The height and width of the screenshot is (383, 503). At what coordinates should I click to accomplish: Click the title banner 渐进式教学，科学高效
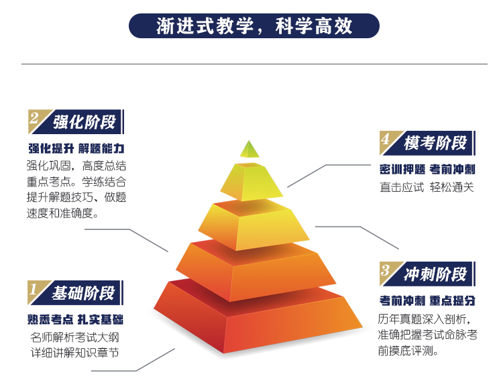click(x=254, y=25)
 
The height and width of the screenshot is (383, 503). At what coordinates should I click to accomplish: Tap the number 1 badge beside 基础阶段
click(x=36, y=290)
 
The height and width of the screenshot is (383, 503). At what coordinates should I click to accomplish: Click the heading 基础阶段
click(x=83, y=293)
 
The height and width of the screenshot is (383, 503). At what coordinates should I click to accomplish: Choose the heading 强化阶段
click(x=84, y=122)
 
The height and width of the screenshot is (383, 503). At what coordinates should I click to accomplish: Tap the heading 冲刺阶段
click(x=435, y=274)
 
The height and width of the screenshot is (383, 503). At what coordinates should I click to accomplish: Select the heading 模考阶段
click(x=435, y=143)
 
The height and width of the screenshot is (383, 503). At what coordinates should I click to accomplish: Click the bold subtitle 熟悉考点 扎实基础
click(x=75, y=319)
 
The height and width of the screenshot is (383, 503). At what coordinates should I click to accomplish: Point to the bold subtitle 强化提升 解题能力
click(x=76, y=148)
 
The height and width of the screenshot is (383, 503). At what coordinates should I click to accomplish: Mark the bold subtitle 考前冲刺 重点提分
click(x=427, y=300)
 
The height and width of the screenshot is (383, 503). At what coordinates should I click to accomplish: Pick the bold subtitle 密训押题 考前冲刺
click(x=427, y=170)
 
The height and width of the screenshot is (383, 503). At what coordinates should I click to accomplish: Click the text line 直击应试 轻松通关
click(x=427, y=187)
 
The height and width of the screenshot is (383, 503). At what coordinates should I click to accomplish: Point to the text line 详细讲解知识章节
click(x=74, y=353)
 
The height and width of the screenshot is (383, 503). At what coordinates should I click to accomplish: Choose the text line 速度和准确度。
click(x=62, y=213)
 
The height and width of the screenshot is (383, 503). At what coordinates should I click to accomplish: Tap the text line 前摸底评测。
click(x=408, y=351)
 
